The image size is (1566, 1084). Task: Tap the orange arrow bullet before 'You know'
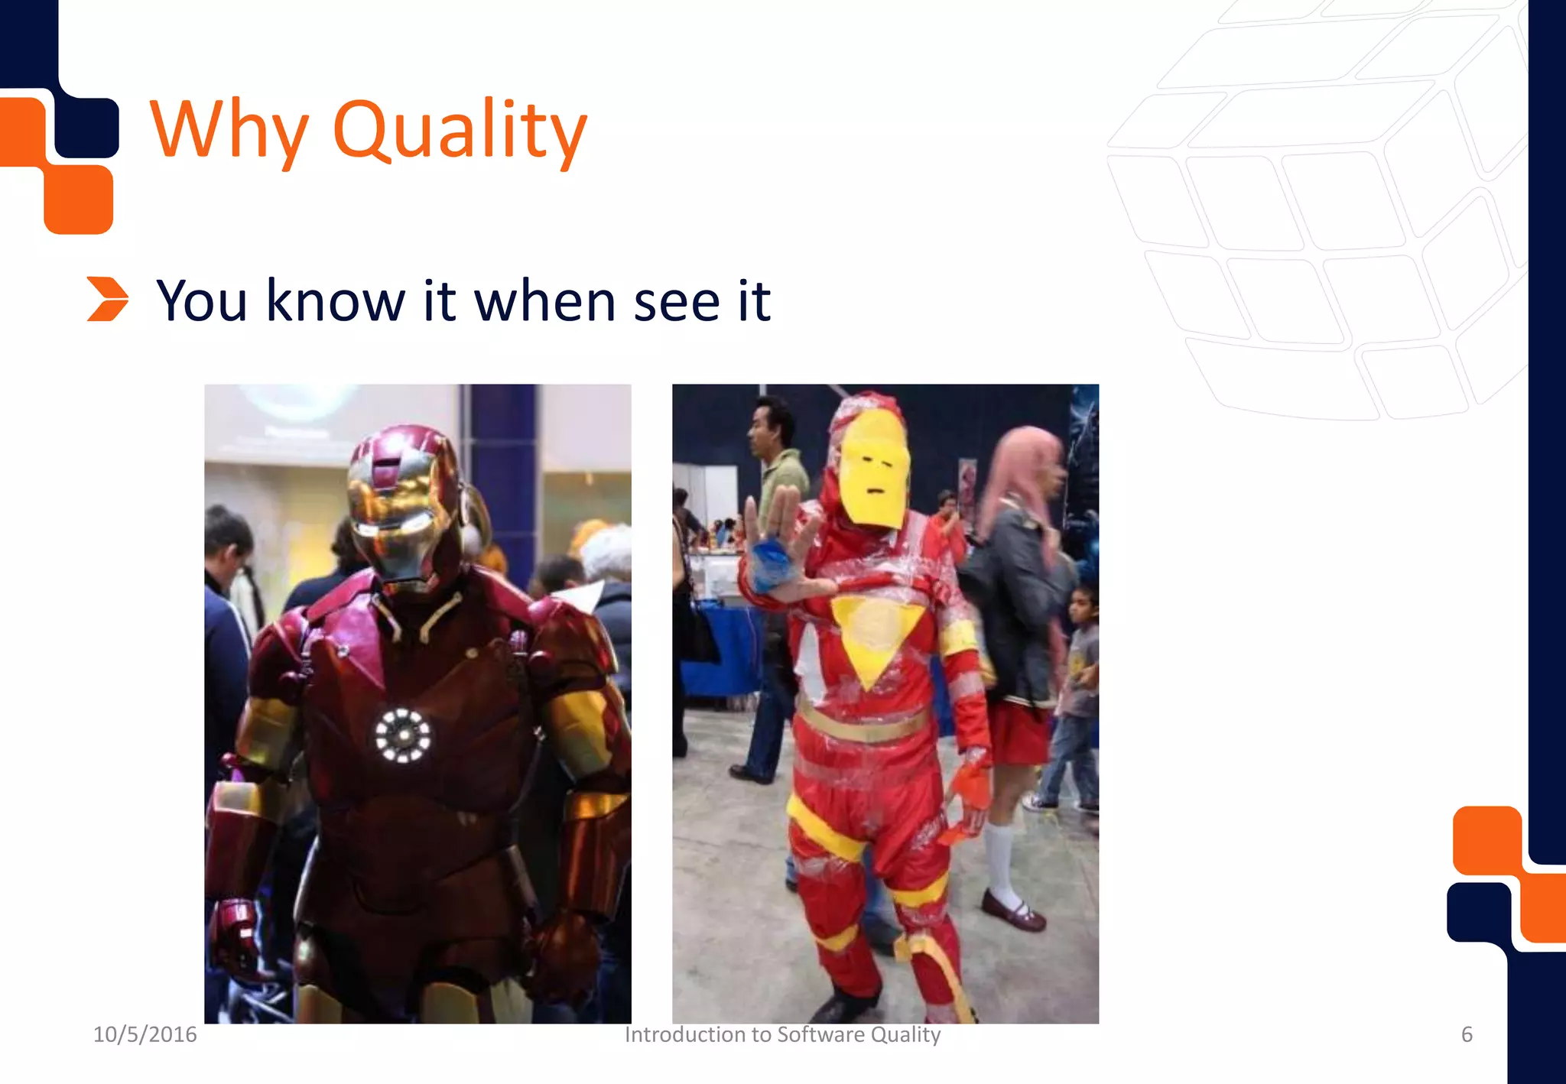click(x=107, y=299)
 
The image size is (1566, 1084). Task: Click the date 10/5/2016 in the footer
click(x=145, y=1034)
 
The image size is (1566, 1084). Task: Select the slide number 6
click(x=1467, y=1034)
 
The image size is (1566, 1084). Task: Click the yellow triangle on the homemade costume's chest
click(x=869, y=634)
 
